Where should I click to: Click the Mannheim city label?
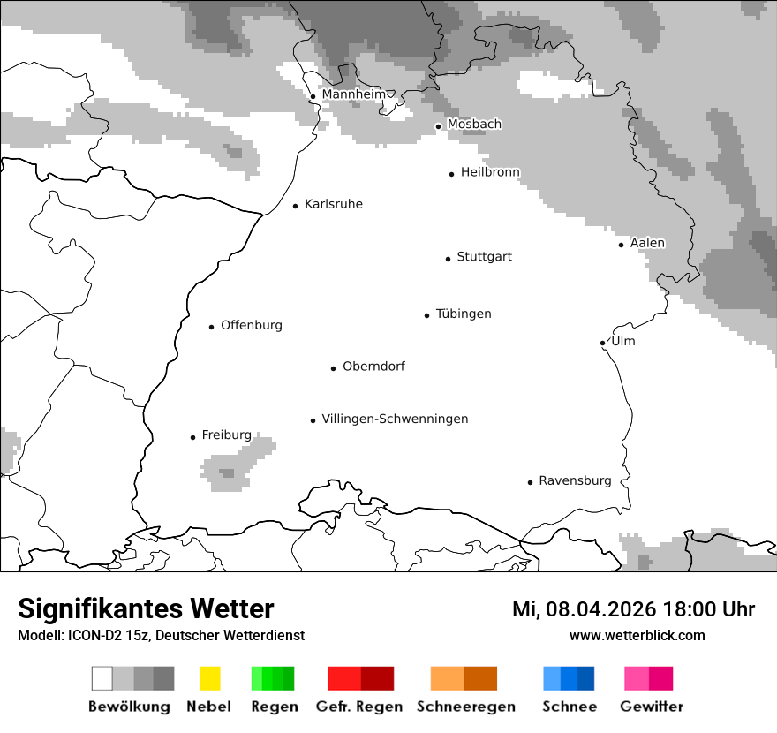coord(353,94)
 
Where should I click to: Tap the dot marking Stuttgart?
coord(448,259)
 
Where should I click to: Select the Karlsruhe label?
coord(333,204)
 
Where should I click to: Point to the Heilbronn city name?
coord(490,172)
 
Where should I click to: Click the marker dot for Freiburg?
coord(192,437)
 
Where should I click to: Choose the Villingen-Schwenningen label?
coord(395,419)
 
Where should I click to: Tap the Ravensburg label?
coord(575,480)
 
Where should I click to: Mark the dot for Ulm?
coord(602,343)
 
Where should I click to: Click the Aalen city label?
coord(646,243)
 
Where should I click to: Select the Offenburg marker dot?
coord(211,327)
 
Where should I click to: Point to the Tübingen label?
coord(464,314)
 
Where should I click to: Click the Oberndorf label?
coord(373,366)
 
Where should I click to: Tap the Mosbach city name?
coord(474,125)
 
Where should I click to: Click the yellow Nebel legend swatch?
coord(209,678)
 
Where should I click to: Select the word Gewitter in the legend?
coord(652,707)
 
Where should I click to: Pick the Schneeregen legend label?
coord(466,707)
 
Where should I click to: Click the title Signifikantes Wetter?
coord(146,608)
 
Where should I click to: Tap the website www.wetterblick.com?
coord(637,635)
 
